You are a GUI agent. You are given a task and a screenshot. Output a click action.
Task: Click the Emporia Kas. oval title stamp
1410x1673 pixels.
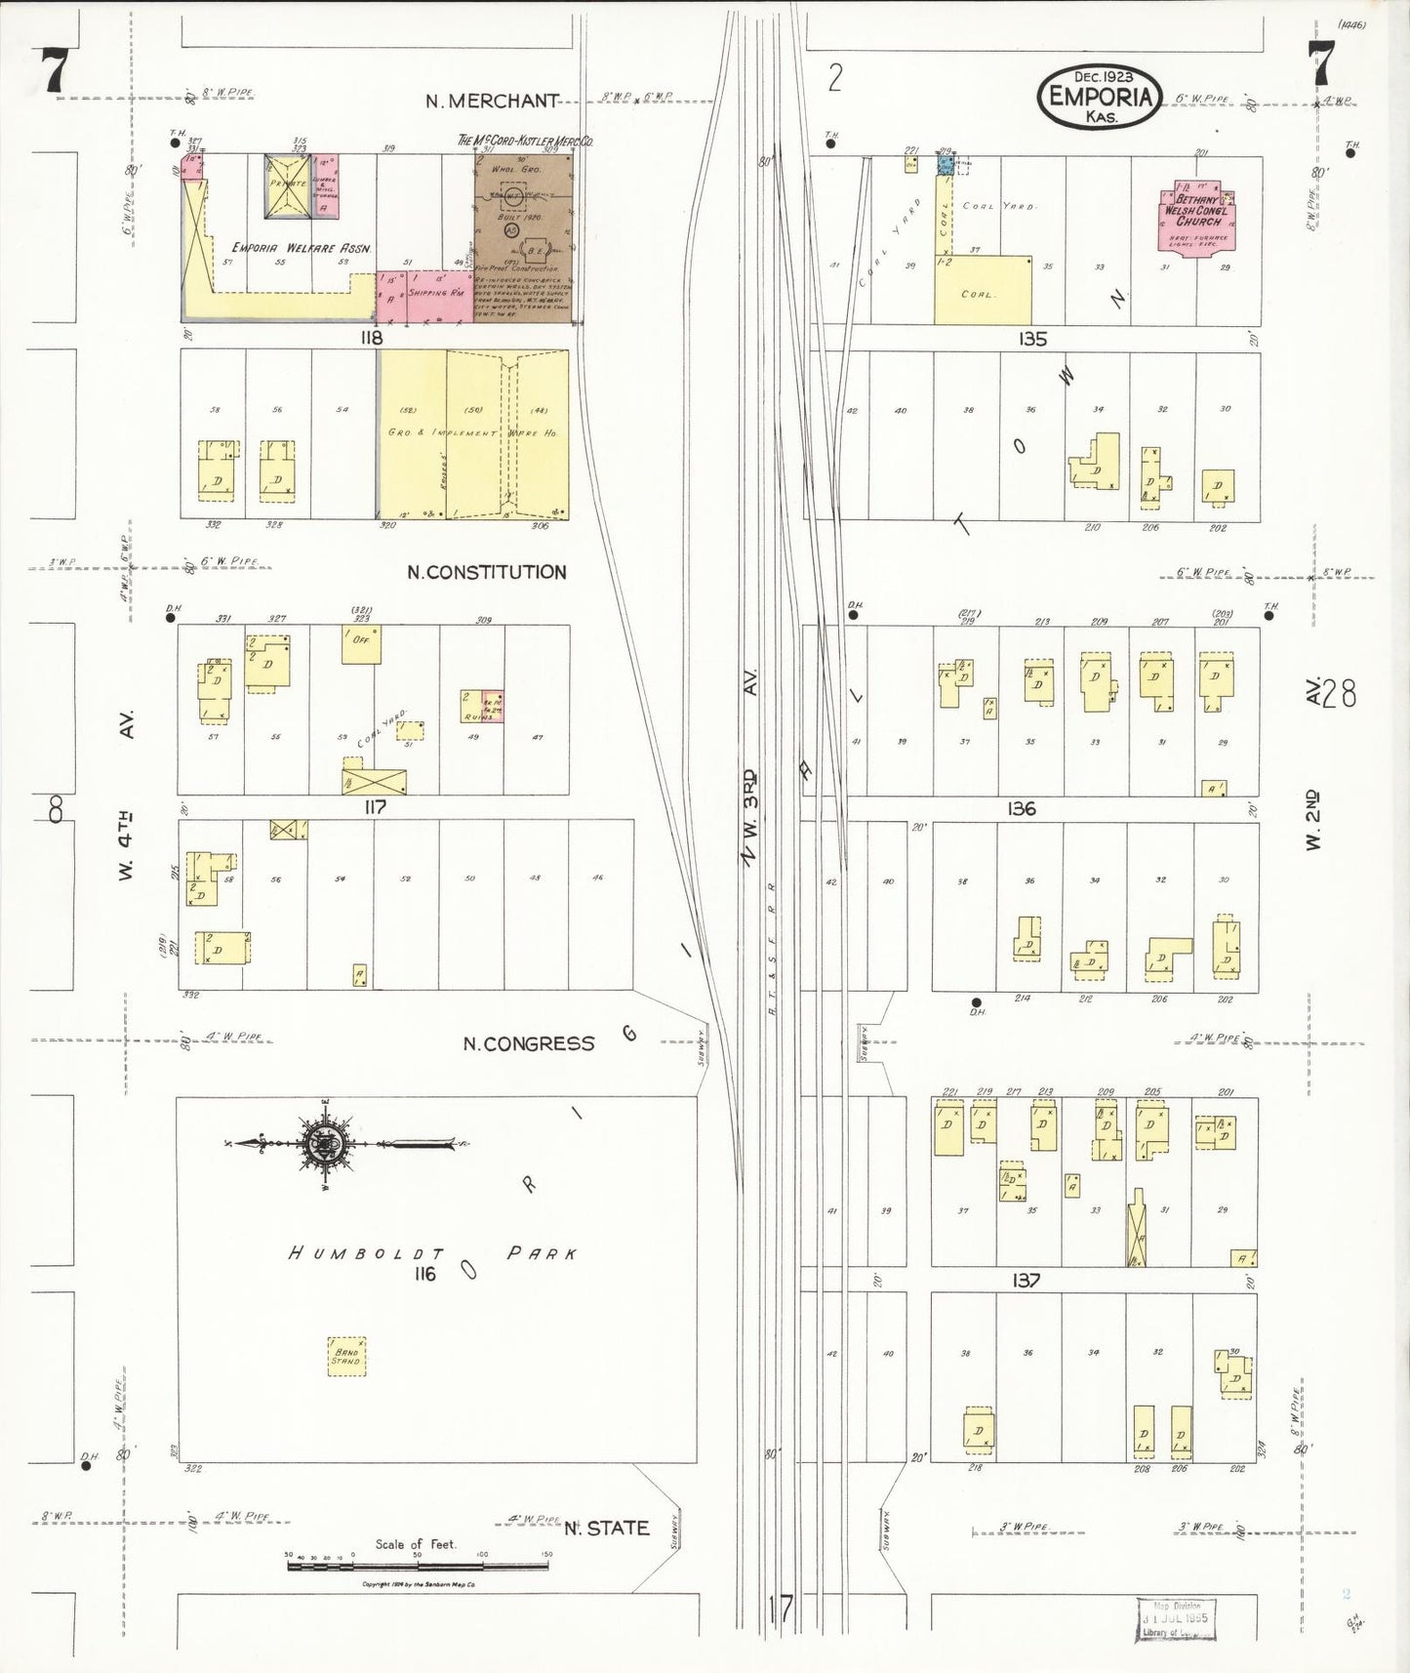pyautogui.click(x=1100, y=96)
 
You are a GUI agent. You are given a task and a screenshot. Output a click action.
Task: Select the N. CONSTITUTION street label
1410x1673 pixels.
pyautogui.click(x=486, y=572)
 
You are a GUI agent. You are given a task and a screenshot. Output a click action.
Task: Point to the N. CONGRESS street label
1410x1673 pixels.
pyautogui.click(x=528, y=1043)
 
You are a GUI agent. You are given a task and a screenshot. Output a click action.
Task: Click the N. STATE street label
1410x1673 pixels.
pyautogui.click(x=606, y=1528)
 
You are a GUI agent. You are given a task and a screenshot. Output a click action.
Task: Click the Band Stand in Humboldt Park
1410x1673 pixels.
pyautogui.click(x=346, y=1356)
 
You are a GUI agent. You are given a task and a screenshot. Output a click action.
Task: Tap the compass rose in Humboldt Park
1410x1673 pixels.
pyautogui.click(x=323, y=1145)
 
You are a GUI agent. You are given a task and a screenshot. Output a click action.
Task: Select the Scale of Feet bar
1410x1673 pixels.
pyautogui.click(x=417, y=1565)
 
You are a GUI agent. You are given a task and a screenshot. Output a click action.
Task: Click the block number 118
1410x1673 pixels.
pyautogui.click(x=371, y=338)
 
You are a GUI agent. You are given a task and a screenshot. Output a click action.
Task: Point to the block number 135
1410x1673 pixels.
pyautogui.click(x=1031, y=339)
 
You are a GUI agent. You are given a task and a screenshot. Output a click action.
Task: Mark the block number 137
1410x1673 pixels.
pyautogui.click(x=1026, y=1280)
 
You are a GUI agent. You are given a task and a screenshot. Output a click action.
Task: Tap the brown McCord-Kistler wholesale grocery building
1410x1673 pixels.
pyautogui.click(x=525, y=234)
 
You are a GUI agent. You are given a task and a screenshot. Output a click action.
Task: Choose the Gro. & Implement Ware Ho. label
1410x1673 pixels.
pyautogui.click(x=472, y=431)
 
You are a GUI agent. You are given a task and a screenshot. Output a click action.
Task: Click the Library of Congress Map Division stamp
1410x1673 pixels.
pyautogui.click(x=1176, y=1619)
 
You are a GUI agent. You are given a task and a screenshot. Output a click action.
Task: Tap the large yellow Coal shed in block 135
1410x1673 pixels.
pyautogui.click(x=982, y=290)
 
